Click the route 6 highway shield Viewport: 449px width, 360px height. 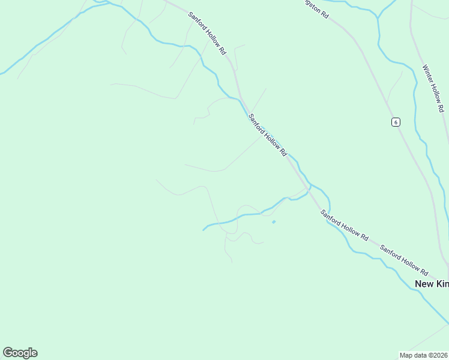pos(395,122)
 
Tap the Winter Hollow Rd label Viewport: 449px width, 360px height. pos(433,88)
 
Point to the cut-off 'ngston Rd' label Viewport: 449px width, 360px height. pos(315,7)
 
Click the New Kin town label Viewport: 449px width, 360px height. pos(432,283)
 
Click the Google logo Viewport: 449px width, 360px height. pos(20,353)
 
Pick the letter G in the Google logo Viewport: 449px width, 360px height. pos(7,353)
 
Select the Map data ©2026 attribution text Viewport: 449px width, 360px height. pos(424,355)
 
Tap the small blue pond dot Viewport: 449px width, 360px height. pos(274,222)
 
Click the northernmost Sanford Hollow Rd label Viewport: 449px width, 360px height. pos(206,34)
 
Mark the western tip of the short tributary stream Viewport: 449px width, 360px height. pos(203,230)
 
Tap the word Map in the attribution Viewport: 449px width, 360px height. pos(406,355)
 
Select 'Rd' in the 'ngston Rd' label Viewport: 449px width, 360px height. pos(324,14)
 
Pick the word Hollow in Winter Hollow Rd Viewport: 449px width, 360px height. pos(435,92)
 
